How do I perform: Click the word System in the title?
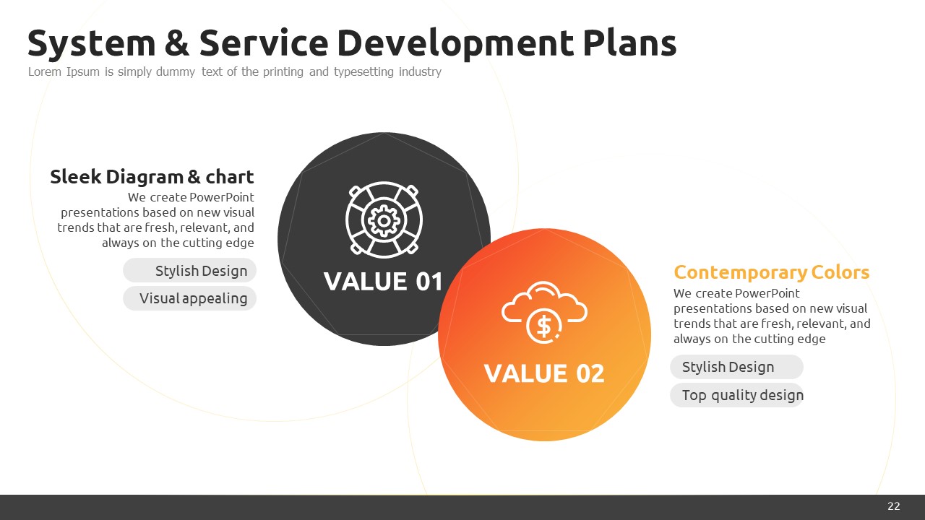coord(91,43)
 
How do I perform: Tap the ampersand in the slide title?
coord(177,43)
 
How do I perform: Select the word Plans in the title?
coord(629,43)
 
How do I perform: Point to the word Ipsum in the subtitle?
coord(83,71)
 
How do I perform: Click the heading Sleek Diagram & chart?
coord(152,177)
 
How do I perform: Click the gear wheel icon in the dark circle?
coord(384,220)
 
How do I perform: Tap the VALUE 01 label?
coord(383,282)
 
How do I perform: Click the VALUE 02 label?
coord(544,373)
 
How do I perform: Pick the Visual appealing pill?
coord(189,298)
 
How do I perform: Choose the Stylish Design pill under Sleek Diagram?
coord(189,271)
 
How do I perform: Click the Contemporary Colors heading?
coord(771,272)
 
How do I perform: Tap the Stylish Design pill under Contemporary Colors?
coord(736,367)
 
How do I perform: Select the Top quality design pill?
coord(736,395)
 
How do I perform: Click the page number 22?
coord(894,506)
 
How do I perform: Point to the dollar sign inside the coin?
coord(543,326)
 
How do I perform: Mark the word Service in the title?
coord(264,43)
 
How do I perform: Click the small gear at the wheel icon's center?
coord(384,221)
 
